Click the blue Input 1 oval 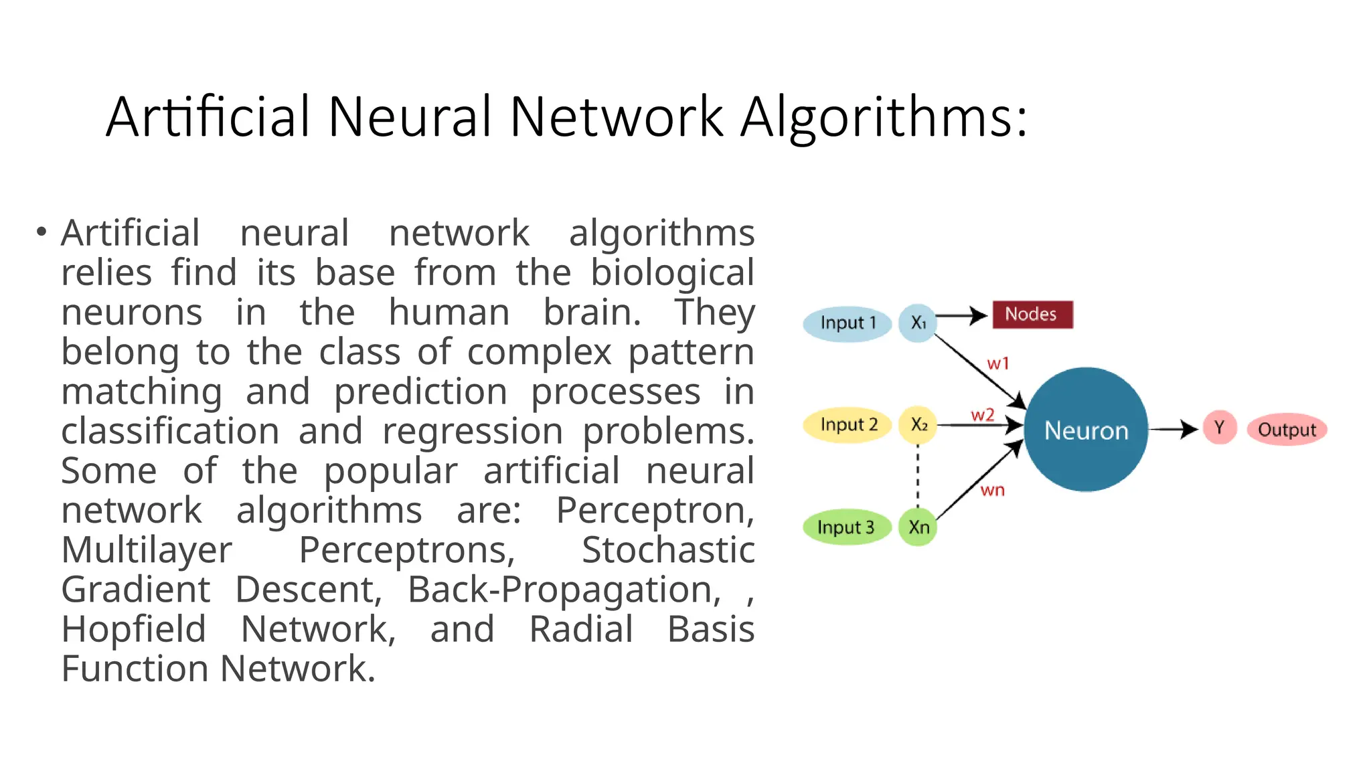click(x=848, y=323)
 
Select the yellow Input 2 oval click(x=848, y=425)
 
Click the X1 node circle click(x=918, y=323)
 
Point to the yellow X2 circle click(x=918, y=425)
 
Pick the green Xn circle click(x=918, y=527)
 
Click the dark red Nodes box click(x=1032, y=315)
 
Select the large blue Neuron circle click(x=1086, y=430)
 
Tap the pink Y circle click(x=1219, y=428)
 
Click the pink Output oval click(x=1287, y=430)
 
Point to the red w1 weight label click(x=997, y=364)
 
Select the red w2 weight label click(x=982, y=416)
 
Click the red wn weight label click(x=992, y=491)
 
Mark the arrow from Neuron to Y click(x=1173, y=429)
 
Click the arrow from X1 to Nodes click(x=961, y=315)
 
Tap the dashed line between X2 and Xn click(x=918, y=476)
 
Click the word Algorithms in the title click(x=883, y=117)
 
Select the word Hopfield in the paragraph click(x=133, y=629)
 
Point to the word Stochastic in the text click(x=667, y=550)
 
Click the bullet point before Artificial click(x=42, y=232)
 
